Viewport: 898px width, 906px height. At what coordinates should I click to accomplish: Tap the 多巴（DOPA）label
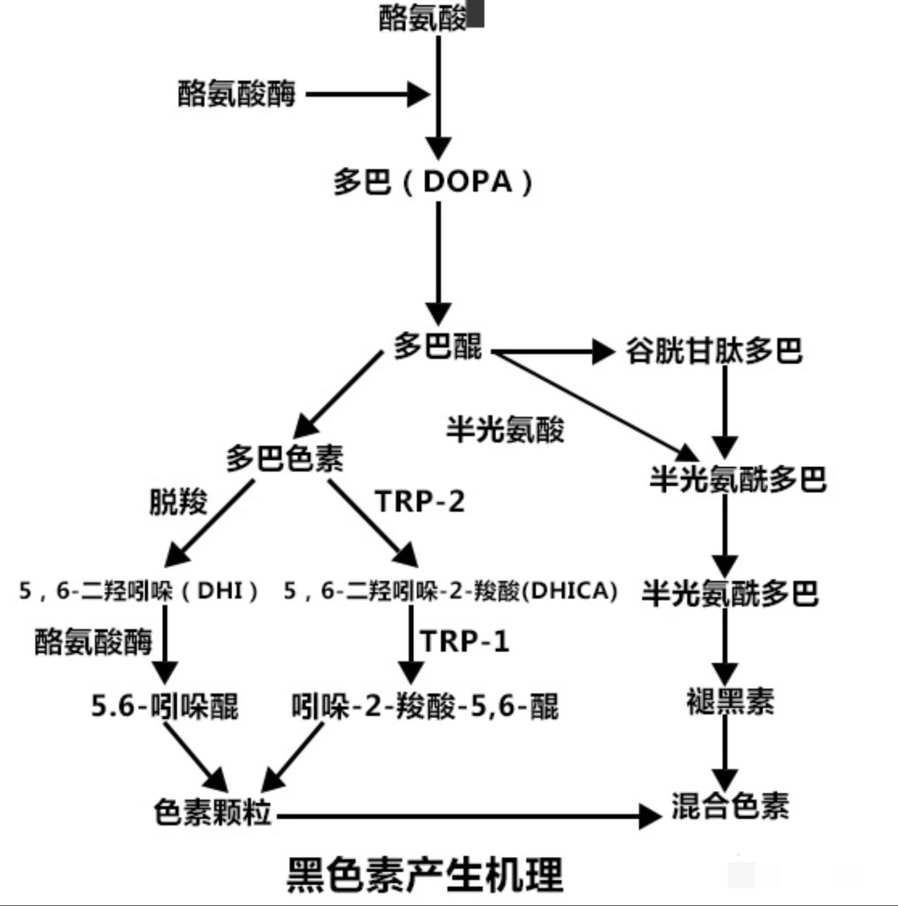tap(433, 182)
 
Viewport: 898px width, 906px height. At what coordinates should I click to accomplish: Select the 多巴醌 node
tap(438, 346)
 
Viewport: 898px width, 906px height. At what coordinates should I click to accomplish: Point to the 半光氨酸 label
tap(505, 428)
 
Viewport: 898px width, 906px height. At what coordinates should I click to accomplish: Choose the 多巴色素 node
tap(285, 459)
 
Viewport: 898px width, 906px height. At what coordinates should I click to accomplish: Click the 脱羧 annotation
tap(178, 501)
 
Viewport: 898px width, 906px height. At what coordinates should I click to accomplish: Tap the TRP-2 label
tap(420, 501)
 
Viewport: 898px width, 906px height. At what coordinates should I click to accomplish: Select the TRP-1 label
tap(464, 641)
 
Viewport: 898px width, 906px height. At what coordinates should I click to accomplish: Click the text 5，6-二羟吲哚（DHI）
tap(138, 590)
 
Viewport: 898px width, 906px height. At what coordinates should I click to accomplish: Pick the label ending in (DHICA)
tap(450, 590)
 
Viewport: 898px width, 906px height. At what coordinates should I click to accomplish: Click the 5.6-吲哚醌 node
tap(165, 705)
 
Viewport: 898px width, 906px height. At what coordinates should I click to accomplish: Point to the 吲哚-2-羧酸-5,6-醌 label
tap(425, 705)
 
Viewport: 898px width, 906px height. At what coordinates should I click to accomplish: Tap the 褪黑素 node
tap(730, 701)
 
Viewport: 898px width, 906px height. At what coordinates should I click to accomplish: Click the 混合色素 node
tap(730, 806)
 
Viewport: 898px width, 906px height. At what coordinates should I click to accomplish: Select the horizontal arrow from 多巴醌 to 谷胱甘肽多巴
tap(554, 352)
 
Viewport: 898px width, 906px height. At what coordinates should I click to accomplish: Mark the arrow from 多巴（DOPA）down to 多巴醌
tap(438, 264)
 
